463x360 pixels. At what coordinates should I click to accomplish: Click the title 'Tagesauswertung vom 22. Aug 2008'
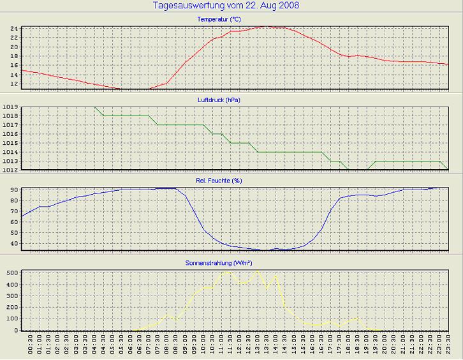[x=226, y=6]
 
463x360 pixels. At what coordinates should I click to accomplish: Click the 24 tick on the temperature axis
[x=13, y=29]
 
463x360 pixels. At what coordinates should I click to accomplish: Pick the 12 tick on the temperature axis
[x=13, y=84]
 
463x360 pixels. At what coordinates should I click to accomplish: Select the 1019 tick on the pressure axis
[x=10, y=107]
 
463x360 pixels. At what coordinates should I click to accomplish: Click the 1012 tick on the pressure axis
[x=10, y=170]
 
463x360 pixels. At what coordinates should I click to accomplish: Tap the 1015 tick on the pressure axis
[x=10, y=143]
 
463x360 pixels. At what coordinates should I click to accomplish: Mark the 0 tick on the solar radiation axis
[x=15, y=330]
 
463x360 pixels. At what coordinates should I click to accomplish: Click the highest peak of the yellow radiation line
[x=258, y=270]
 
